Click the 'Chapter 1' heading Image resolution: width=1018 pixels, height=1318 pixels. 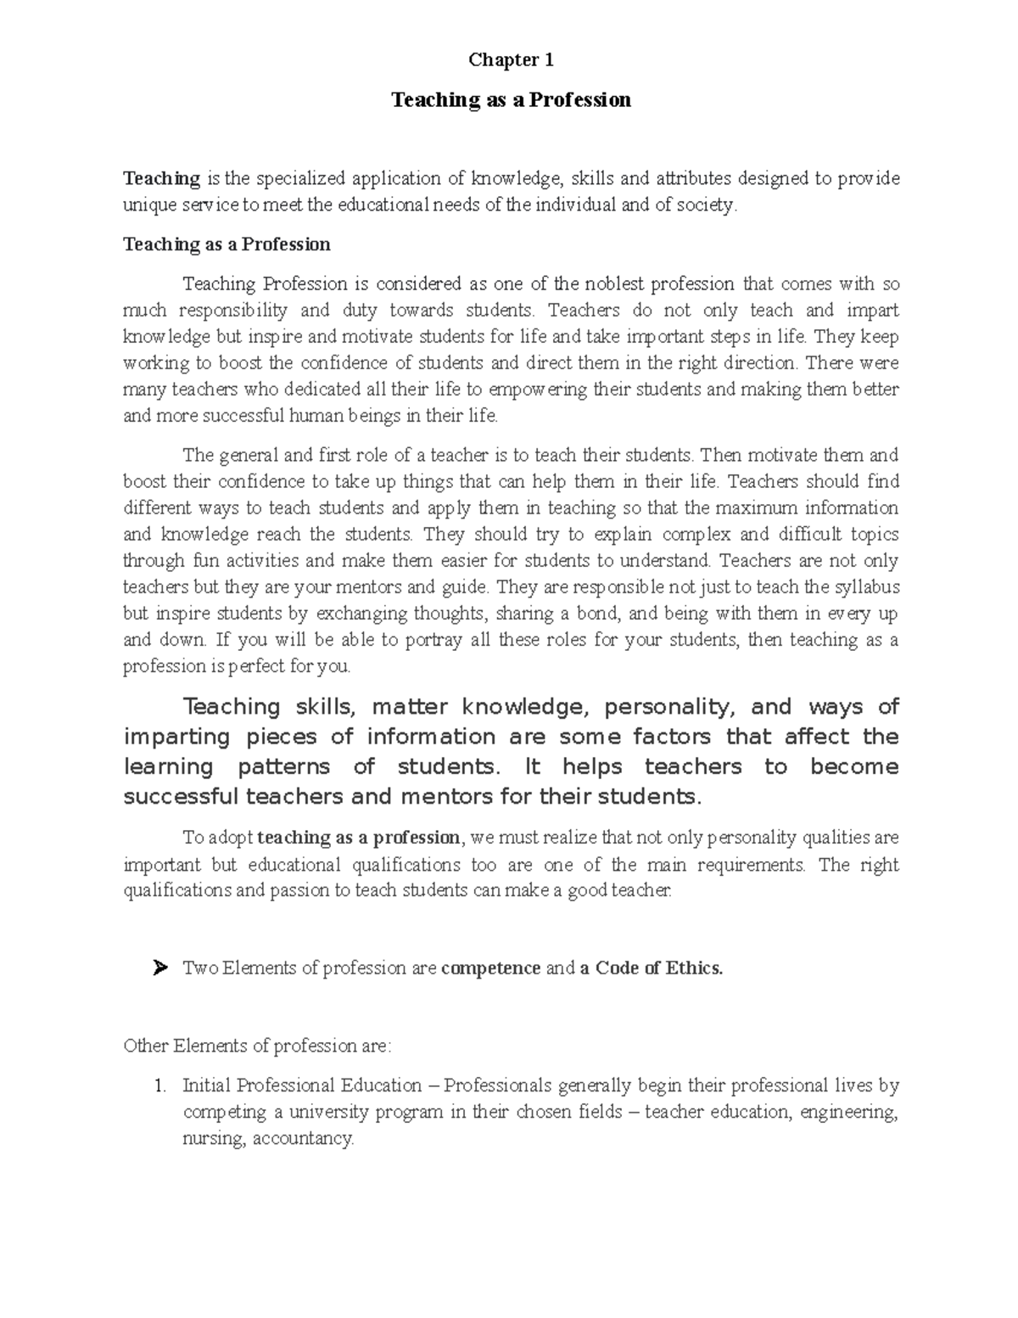(x=511, y=60)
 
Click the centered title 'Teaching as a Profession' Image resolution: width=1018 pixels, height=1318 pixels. (x=511, y=100)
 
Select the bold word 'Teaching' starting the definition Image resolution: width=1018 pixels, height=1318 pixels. (x=161, y=178)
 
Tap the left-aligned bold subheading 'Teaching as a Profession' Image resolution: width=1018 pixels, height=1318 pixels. (x=227, y=244)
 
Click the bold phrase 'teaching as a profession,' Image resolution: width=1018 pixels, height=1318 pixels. (x=361, y=838)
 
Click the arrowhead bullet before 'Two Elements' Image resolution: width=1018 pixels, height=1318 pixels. (x=159, y=967)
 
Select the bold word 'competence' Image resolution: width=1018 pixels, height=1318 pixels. (x=491, y=968)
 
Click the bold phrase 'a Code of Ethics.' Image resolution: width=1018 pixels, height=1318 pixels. (x=652, y=968)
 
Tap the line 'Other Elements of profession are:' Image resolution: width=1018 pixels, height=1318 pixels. (x=257, y=1046)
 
